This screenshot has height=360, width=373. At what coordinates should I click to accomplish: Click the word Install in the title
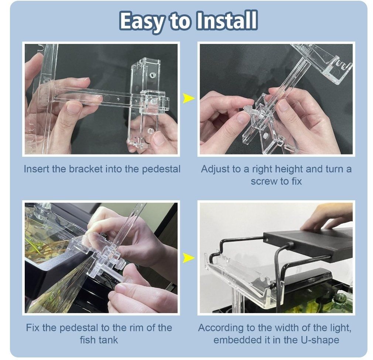[227, 21]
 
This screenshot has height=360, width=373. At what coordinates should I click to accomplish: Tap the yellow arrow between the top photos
[188, 98]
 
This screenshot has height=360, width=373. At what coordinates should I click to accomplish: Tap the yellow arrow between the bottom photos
[188, 258]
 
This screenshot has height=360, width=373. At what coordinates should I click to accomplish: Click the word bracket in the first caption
[86, 169]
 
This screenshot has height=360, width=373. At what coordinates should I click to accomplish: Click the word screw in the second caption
[264, 182]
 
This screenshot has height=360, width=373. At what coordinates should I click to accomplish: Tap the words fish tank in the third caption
[99, 340]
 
